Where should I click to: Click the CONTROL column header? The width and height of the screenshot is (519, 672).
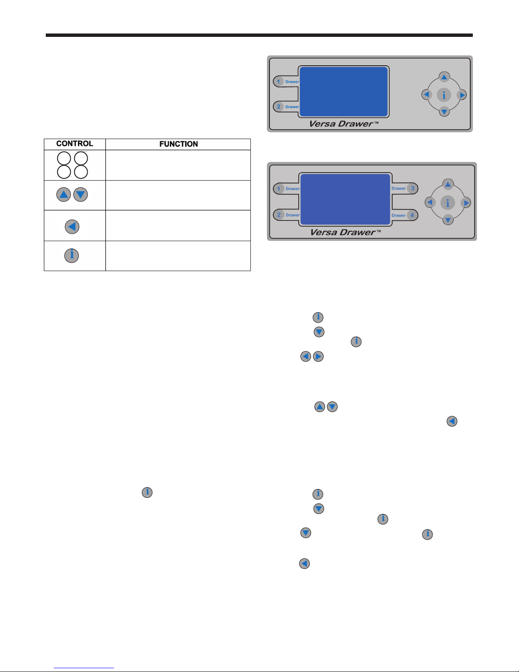point(75,143)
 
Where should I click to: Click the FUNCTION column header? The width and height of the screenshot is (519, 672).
point(178,144)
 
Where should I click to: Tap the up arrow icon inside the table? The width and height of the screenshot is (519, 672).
point(64,195)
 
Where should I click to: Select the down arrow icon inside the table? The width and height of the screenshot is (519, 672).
point(80,195)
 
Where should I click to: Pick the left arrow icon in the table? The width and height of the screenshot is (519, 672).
point(72,227)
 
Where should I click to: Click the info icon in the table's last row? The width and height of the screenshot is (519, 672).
point(71,255)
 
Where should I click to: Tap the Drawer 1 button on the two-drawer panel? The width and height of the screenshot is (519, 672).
point(286,82)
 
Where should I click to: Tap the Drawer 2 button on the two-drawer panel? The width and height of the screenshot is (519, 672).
point(286,107)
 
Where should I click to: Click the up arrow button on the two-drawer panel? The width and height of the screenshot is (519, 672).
point(444,77)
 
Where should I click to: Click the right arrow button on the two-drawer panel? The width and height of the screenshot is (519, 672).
point(461,95)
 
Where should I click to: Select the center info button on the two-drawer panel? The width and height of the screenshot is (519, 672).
point(444,95)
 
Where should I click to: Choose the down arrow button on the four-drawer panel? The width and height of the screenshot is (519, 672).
point(448,220)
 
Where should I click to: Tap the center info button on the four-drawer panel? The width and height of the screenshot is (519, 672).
point(448,203)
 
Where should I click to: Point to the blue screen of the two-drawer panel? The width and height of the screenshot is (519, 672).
point(344,92)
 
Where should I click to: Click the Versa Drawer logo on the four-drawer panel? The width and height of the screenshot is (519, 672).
point(345,232)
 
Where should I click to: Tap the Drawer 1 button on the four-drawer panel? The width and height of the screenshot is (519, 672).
point(286,189)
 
